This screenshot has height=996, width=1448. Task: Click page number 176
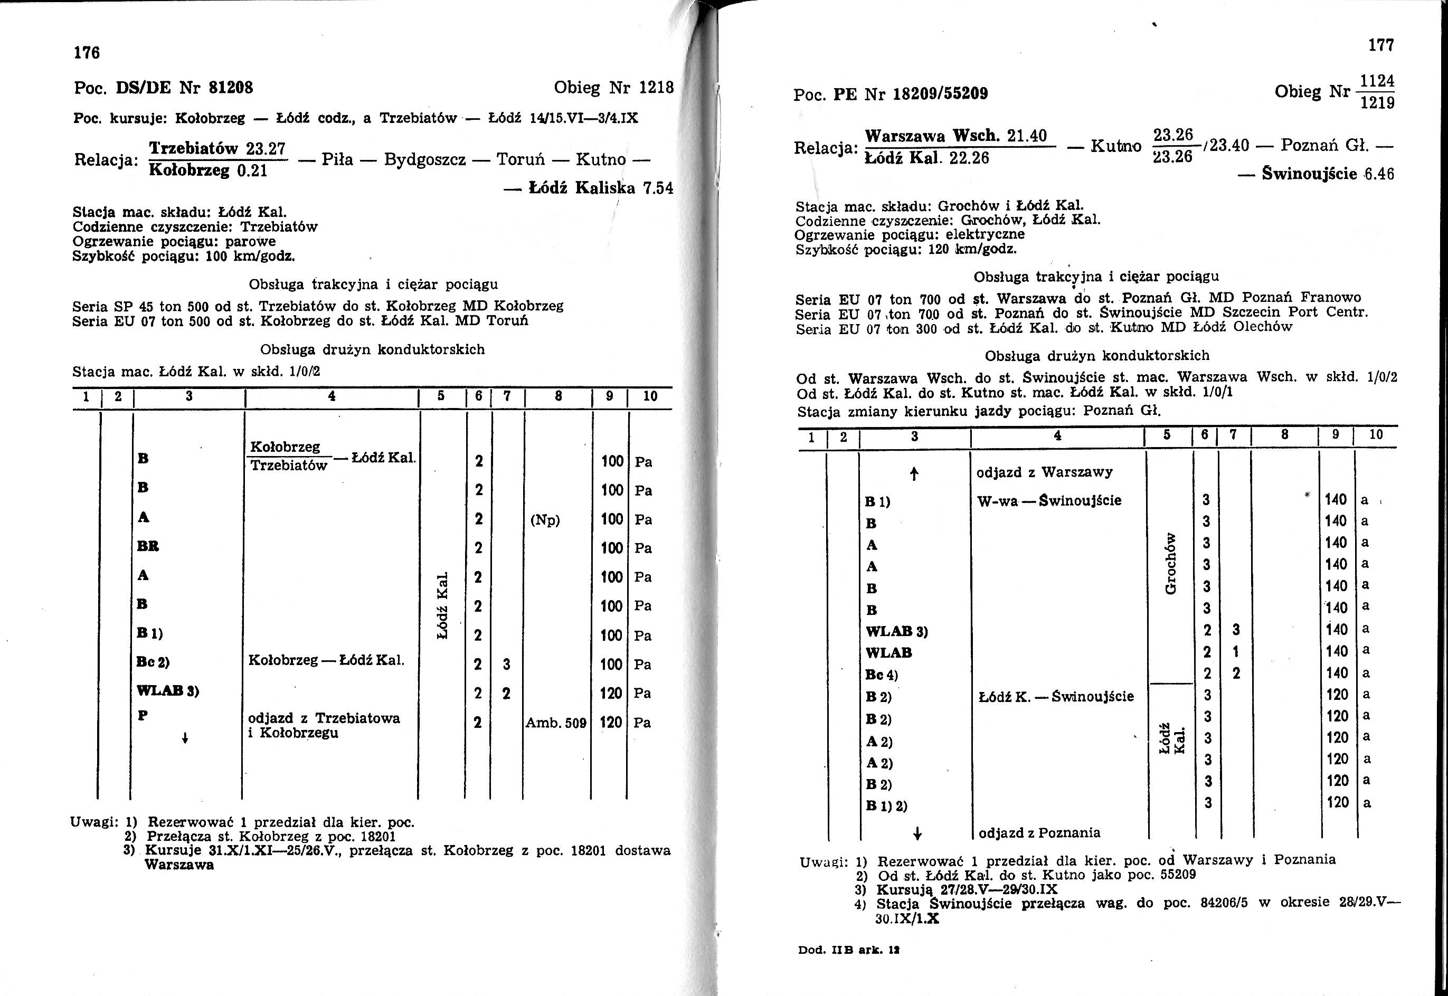[87, 53]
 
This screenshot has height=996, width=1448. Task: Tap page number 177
[1380, 45]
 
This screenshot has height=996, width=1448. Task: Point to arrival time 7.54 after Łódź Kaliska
[658, 188]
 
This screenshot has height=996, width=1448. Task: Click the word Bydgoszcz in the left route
[425, 160]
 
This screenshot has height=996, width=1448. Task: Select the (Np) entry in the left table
[545, 520]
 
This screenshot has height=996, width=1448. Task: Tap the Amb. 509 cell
[556, 723]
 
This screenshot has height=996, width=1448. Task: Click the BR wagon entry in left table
[148, 547]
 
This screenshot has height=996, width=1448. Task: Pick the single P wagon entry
[143, 715]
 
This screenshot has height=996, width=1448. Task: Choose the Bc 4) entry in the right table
[881, 675]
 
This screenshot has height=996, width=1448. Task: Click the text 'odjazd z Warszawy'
[1044, 472]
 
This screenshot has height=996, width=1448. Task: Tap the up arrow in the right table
[914, 475]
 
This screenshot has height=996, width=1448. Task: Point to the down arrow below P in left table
[185, 738]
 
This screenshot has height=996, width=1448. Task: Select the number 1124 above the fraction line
[1377, 82]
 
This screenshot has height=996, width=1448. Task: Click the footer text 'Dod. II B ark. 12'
[849, 950]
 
